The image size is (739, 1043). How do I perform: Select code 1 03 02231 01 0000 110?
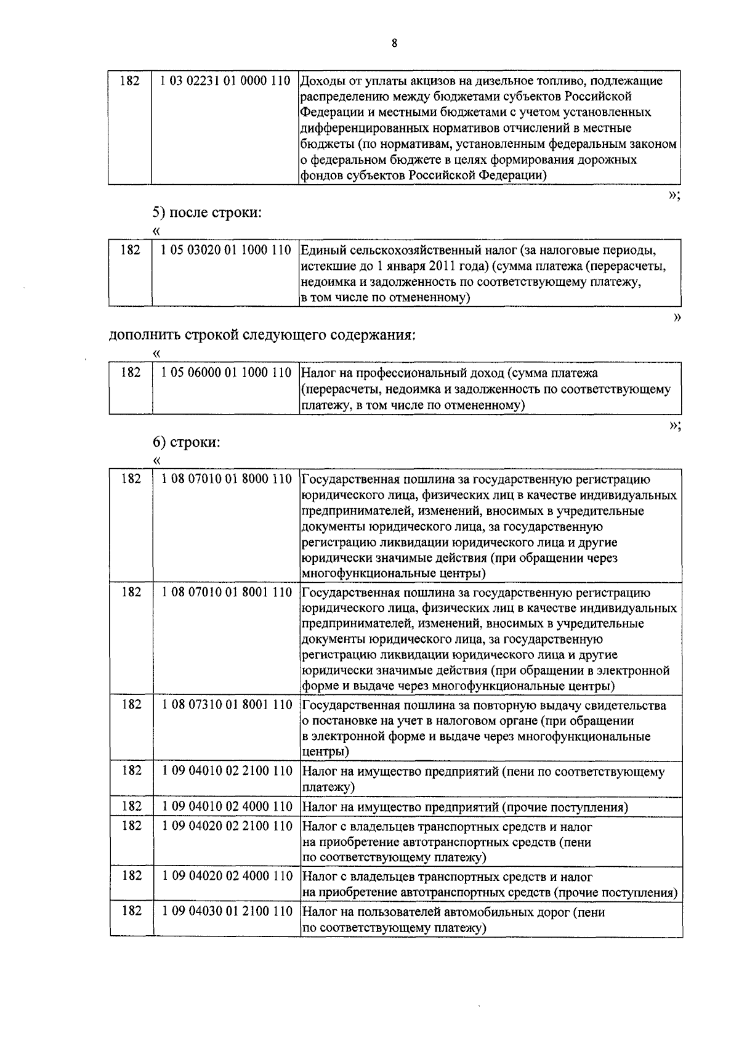[225, 81]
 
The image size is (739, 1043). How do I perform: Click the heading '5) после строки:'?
[208, 213]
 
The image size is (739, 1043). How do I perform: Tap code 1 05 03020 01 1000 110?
[225, 251]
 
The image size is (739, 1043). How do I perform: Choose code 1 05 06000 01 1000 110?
[225, 373]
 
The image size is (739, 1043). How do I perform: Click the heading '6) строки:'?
[187, 442]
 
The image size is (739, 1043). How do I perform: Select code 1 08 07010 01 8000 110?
[227, 479]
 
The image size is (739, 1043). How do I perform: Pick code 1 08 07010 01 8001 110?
[227, 593]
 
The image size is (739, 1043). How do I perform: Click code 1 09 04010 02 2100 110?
[227, 771]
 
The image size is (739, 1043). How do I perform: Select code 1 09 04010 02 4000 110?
[227, 807]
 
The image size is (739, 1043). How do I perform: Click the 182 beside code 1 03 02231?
[129, 81]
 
